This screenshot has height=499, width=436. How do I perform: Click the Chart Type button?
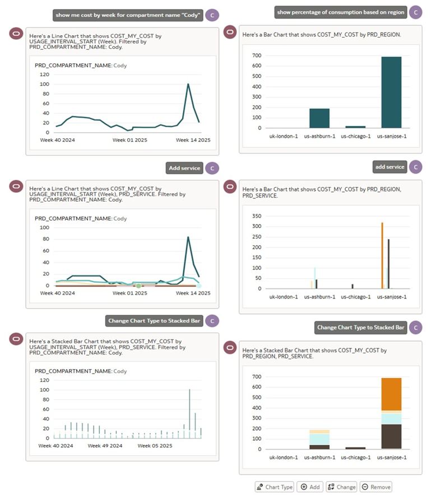tap(275, 487)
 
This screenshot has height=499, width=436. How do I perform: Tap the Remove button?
tap(375, 487)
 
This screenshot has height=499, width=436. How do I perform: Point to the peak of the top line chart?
tap(188, 85)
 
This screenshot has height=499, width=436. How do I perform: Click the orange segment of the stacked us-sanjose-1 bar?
tap(391, 394)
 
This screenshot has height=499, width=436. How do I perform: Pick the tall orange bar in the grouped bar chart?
tap(382, 255)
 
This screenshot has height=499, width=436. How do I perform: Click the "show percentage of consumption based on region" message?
tap(340, 12)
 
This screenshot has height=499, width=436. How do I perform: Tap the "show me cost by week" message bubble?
tap(127, 15)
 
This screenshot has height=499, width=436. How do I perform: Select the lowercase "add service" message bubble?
tap(389, 166)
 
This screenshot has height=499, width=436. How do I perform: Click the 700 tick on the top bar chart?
tap(257, 55)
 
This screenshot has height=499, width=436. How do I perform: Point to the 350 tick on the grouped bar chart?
tap(257, 216)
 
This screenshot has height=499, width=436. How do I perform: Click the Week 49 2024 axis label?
tap(105, 446)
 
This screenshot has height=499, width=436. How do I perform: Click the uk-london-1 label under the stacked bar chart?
tap(284, 457)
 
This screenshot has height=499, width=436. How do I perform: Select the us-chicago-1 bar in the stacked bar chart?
tap(355, 447)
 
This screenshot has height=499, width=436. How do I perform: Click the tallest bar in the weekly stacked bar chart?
tap(189, 413)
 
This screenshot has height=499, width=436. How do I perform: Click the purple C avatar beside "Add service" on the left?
tap(211, 168)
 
